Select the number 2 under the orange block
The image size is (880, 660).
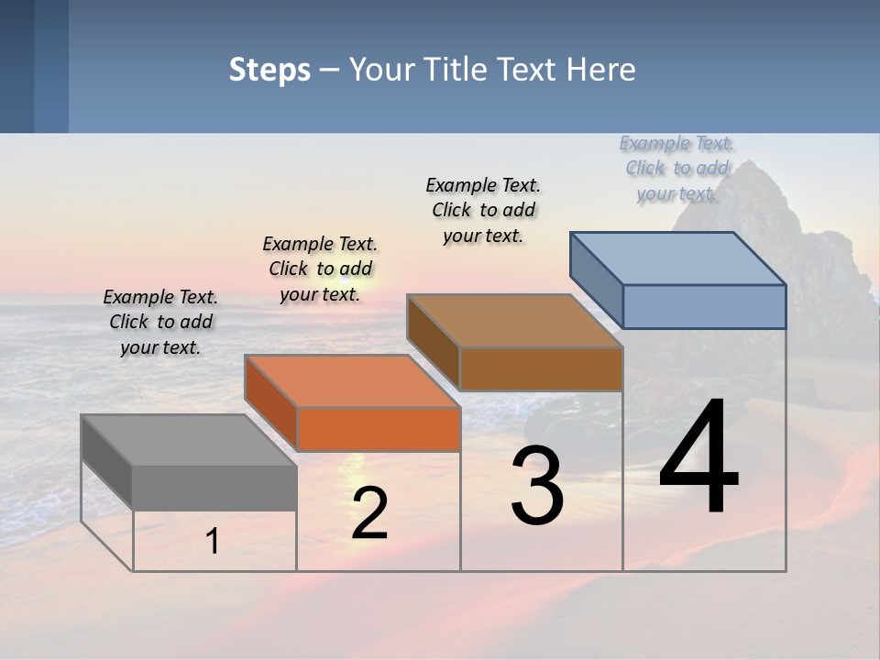point(369,513)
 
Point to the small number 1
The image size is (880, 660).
point(213,542)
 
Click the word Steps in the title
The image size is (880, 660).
point(269,70)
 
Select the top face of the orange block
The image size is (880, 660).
point(352,381)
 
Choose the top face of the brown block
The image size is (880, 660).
point(514,321)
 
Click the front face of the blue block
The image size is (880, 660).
point(704,306)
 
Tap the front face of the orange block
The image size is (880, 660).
point(379,429)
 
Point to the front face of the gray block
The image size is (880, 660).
point(214,488)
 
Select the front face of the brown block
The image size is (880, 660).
point(541,368)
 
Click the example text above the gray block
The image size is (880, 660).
point(160,322)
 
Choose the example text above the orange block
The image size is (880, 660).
point(320,269)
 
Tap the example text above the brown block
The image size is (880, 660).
point(483,210)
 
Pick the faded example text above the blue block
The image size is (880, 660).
point(676,168)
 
